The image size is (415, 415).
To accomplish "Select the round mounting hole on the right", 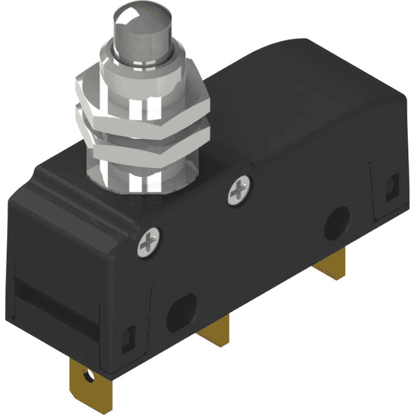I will pos(338,220).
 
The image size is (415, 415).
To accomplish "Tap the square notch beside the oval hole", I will pos(127,338).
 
